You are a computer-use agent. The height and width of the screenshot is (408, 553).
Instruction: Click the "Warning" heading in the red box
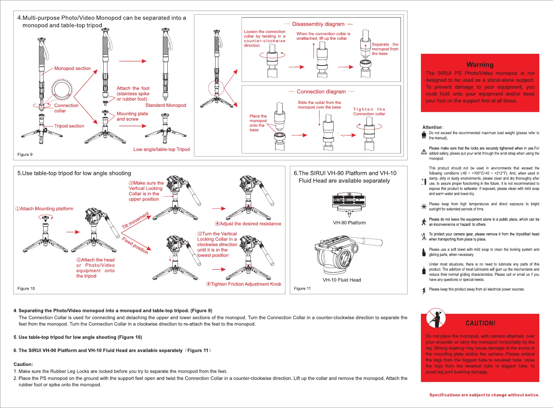pyautogui.click(x=480, y=65)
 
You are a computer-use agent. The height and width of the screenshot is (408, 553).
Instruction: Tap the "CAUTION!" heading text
pyautogui.click(x=480, y=323)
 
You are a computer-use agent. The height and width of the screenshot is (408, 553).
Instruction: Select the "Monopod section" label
pyautogui.click(x=72, y=69)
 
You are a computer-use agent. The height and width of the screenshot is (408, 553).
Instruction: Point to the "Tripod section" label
pyautogui.click(x=69, y=126)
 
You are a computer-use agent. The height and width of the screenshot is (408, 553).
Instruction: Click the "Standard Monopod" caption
pyautogui.click(x=166, y=106)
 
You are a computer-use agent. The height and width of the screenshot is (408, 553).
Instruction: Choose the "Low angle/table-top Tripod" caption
pyautogui.click(x=162, y=149)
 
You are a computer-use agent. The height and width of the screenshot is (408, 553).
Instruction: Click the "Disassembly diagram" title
pyautogui.click(x=318, y=24)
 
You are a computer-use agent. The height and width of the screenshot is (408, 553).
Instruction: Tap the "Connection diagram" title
pyautogui.click(x=321, y=92)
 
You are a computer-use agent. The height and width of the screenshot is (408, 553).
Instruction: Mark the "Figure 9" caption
pyautogui.click(x=25, y=154)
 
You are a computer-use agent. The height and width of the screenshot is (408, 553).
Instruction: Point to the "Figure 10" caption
pyautogui.click(x=26, y=288)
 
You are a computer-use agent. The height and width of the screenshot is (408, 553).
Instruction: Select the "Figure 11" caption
pyautogui.click(x=302, y=288)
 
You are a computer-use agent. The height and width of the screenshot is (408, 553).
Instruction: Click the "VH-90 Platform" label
pyautogui.click(x=349, y=223)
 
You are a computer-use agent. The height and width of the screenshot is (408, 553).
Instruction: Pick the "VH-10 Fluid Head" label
pyautogui.click(x=342, y=280)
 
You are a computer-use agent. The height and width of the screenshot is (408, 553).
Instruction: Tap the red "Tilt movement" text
pyautogui.click(x=136, y=220)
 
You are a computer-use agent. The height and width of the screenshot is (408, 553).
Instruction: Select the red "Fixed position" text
pyautogui.click(x=135, y=245)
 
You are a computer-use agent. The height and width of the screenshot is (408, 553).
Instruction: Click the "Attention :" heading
pyautogui.click(x=433, y=127)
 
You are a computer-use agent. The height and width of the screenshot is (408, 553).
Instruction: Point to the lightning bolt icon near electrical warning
pyautogui.click(x=424, y=290)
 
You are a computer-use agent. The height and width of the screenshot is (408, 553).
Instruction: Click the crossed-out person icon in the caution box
pyautogui.click(x=436, y=318)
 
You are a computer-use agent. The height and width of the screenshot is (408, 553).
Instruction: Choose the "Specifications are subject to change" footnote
pyautogui.click(x=484, y=395)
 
